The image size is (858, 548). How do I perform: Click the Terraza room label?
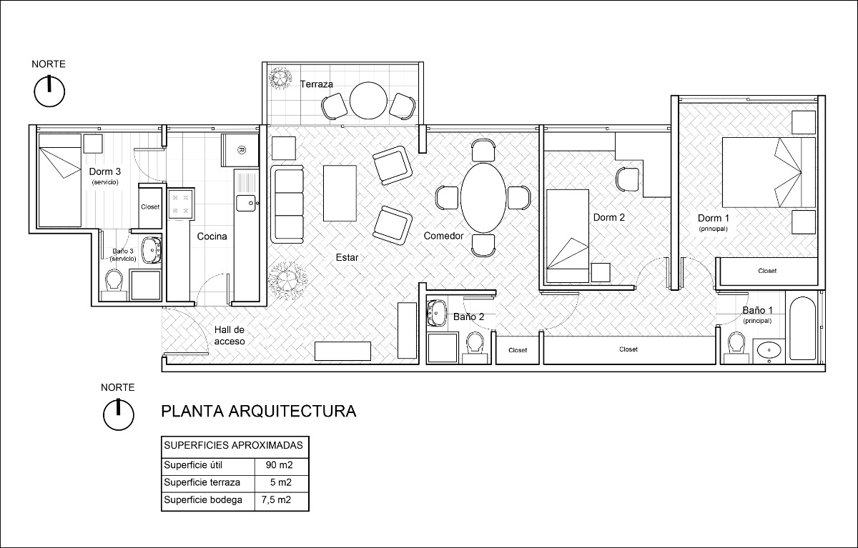[x=317, y=84]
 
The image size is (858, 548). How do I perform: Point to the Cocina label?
[x=212, y=236]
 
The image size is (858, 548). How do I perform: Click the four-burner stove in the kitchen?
[x=179, y=203]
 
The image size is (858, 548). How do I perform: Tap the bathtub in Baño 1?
[x=802, y=329]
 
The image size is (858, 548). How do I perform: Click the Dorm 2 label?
[x=609, y=217]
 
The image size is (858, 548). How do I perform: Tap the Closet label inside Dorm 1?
[x=767, y=271]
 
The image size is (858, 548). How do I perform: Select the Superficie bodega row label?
[x=203, y=499]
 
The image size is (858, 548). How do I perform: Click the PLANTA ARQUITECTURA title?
[x=258, y=412]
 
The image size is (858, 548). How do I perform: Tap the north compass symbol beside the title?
[x=118, y=414]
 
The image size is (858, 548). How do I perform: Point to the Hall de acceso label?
[x=230, y=336]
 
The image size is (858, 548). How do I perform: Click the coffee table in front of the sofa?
[x=340, y=194]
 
